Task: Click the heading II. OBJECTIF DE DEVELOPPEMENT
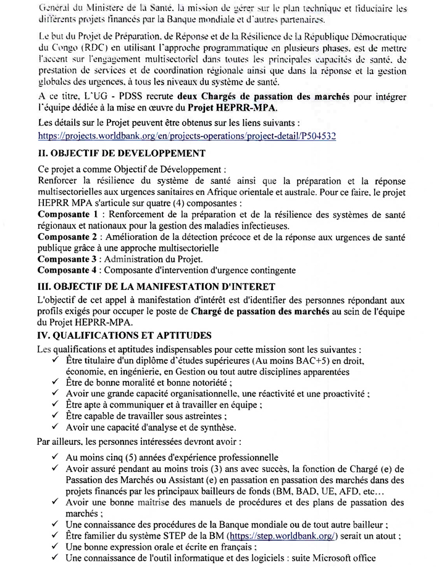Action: click(x=113, y=153)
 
